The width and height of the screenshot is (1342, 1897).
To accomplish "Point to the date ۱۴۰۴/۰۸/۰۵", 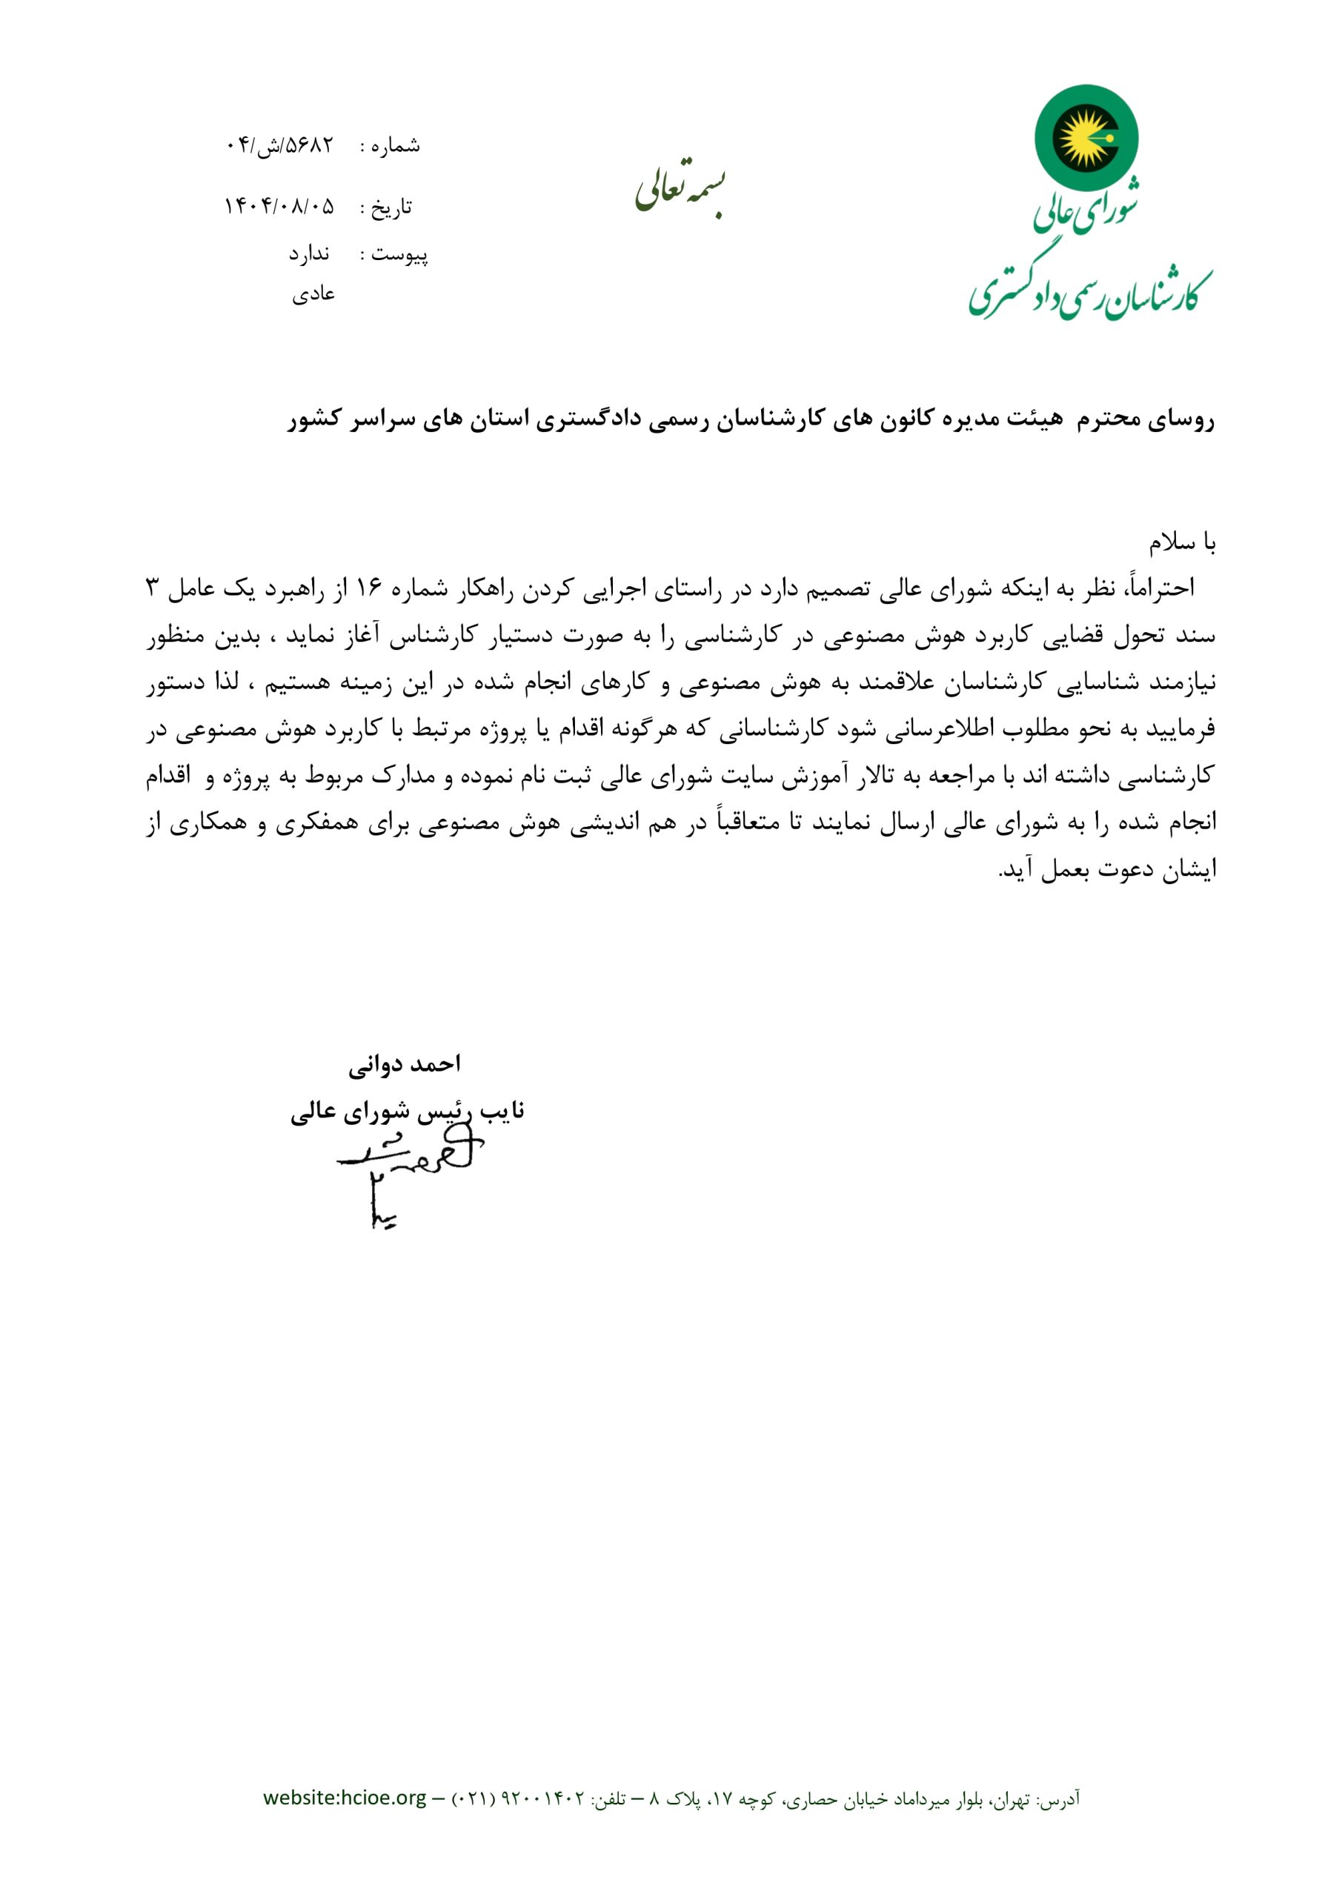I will tap(279, 207).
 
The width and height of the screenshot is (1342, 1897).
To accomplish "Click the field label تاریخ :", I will tap(386, 207).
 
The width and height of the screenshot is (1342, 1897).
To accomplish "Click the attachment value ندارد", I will tap(309, 254).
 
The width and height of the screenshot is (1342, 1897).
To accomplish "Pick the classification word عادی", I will tap(313, 294).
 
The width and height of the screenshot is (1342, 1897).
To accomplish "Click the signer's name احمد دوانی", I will tap(404, 1064).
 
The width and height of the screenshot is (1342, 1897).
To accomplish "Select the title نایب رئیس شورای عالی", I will tap(408, 1112).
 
